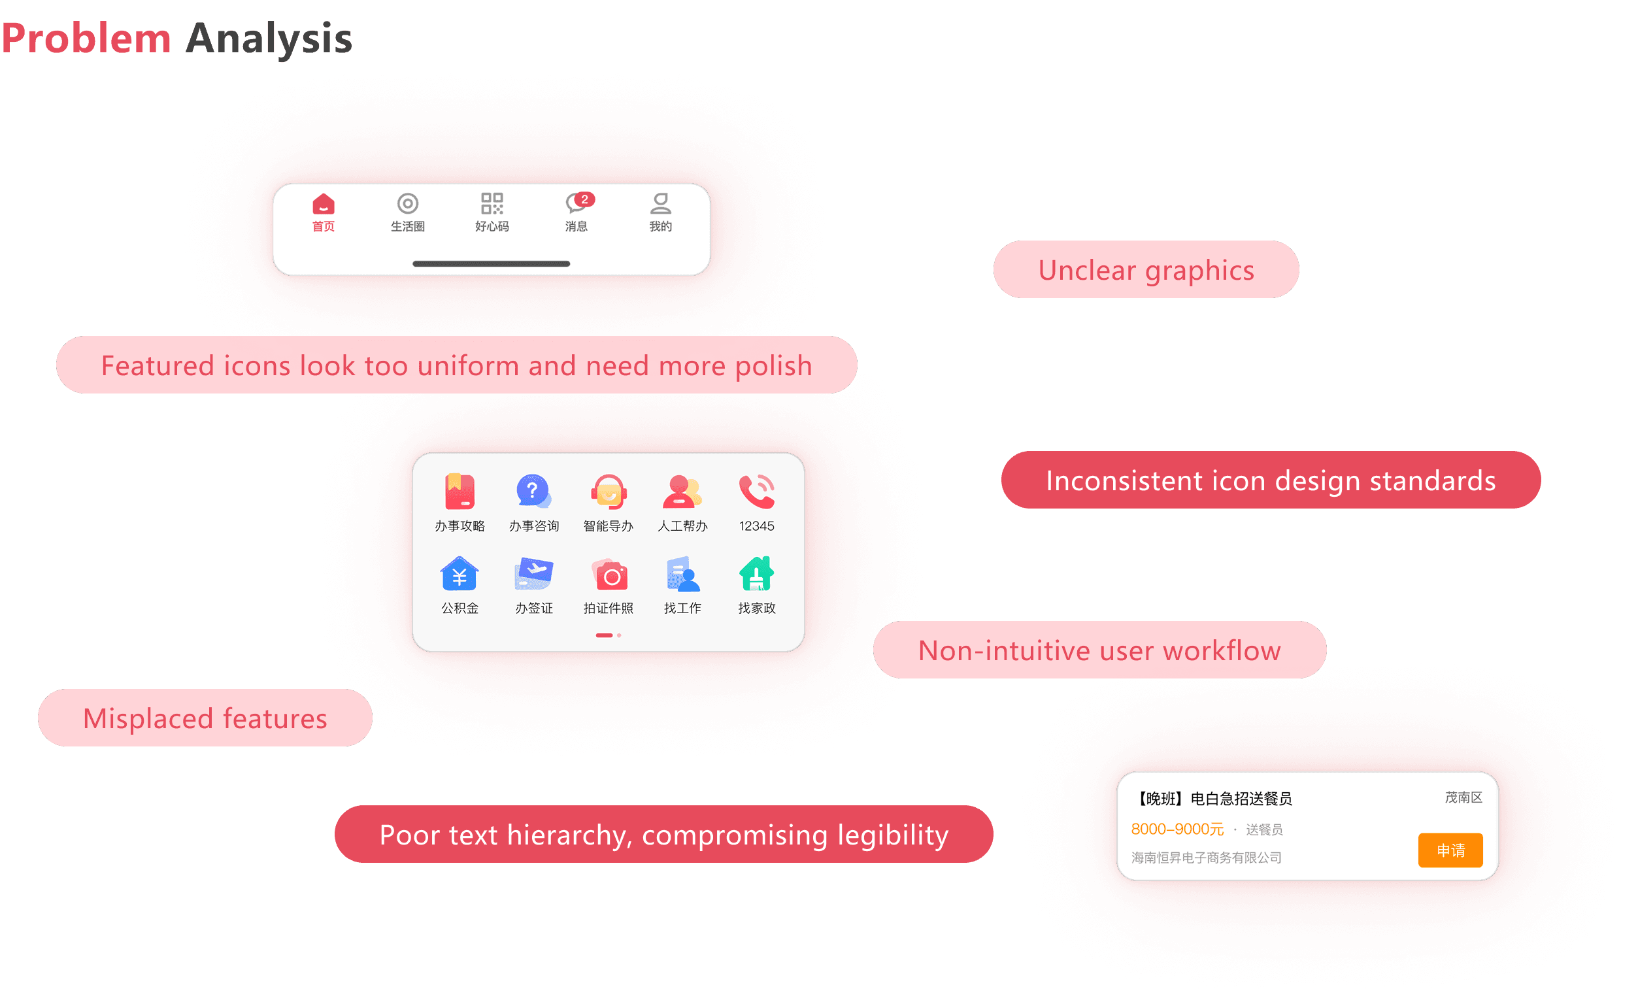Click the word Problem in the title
pos(86,38)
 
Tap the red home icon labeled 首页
pos(323,203)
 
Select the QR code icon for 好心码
pos(492,203)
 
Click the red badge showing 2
pos(584,199)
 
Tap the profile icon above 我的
pos(660,203)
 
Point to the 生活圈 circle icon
pos(407,203)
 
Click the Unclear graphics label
pos(1145,270)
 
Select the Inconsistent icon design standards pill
pos(1271,480)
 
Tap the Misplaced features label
pos(205,718)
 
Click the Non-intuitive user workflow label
pos(1099,650)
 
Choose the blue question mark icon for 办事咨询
pos(533,492)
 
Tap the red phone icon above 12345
pos(756,492)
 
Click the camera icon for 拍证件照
pos(609,575)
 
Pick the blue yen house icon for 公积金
pos(460,574)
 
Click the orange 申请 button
pos(1450,850)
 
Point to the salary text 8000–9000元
pos(1177,829)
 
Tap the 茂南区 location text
pos(1463,797)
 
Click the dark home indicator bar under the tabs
pos(492,264)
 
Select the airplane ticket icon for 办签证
pos(534,573)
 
